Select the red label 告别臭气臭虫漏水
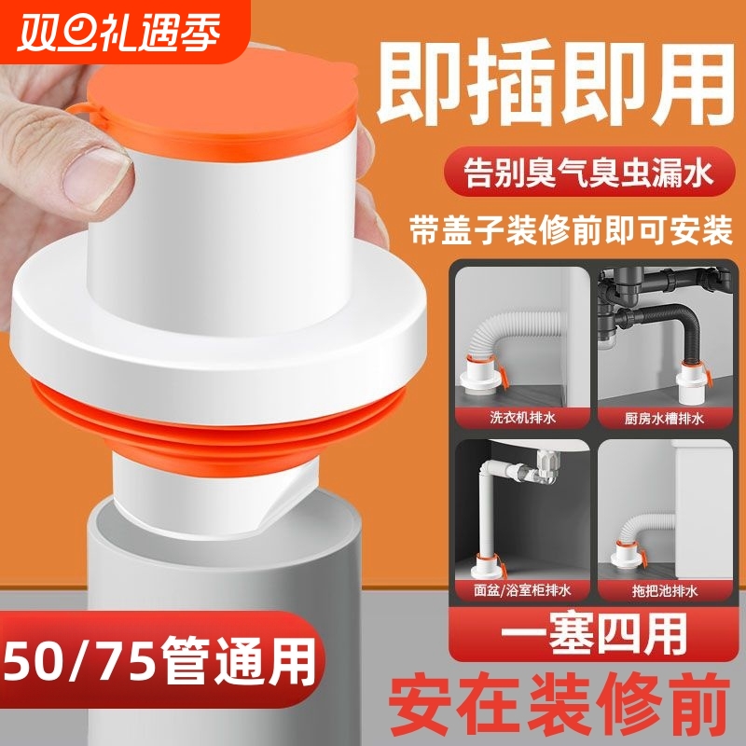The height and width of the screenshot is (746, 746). coord(586,173)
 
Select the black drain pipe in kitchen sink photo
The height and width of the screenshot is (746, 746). coord(682,316)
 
